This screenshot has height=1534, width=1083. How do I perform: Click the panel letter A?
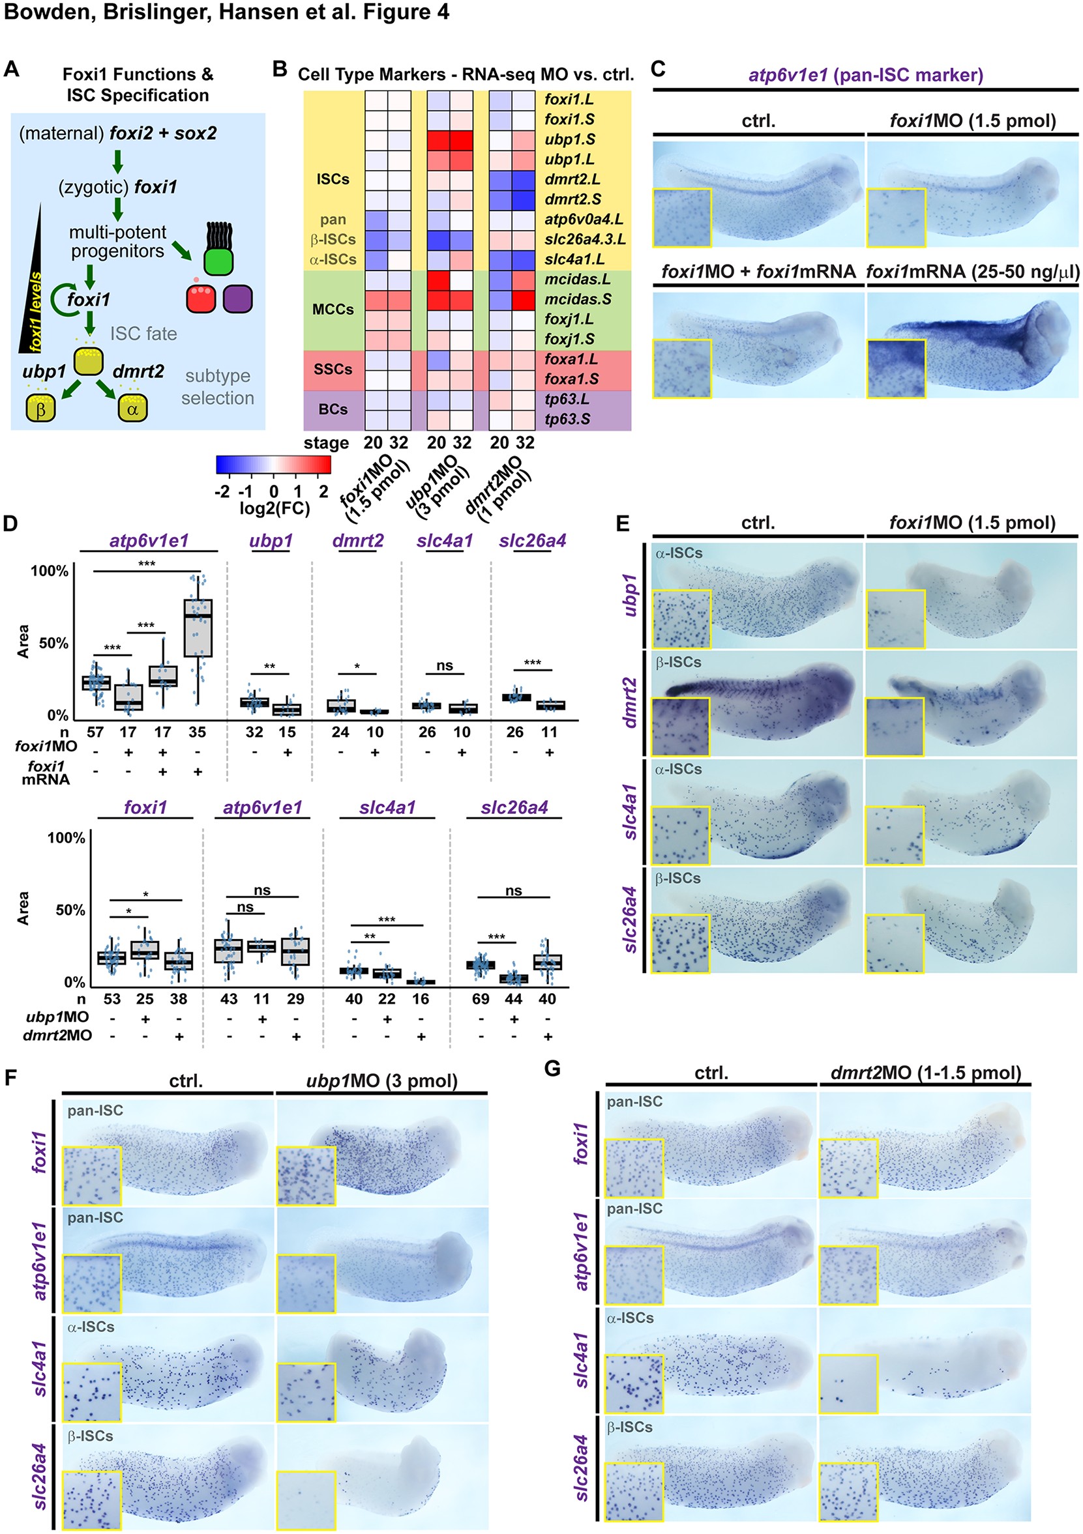point(11,69)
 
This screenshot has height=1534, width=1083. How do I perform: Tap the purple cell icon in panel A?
point(239,298)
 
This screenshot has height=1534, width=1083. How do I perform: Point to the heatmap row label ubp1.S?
point(570,139)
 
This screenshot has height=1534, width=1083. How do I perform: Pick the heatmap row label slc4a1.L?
point(574,259)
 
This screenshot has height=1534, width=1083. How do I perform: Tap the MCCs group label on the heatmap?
point(333,310)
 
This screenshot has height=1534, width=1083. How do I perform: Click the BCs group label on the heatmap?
point(333,409)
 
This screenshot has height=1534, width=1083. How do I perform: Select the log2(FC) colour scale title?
point(274,509)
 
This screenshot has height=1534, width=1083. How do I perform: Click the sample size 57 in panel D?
point(95,732)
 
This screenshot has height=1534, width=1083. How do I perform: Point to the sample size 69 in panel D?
point(481,999)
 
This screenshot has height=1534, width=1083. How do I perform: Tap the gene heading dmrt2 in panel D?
point(358,540)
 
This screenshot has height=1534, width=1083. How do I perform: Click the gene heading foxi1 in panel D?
point(145,807)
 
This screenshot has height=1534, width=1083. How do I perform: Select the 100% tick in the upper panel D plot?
point(50,572)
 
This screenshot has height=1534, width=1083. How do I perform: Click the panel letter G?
point(552,1069)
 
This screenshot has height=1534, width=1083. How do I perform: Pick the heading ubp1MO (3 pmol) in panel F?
point(381,1080)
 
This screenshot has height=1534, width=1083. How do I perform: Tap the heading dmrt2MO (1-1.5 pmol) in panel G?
point(925,1073)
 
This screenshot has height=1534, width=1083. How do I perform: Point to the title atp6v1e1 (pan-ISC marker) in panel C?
point(866,75)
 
